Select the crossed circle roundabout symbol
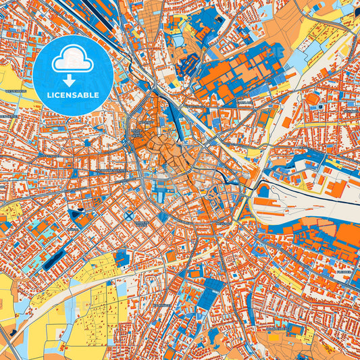pos(128,215)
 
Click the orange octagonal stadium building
pos(312,99)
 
